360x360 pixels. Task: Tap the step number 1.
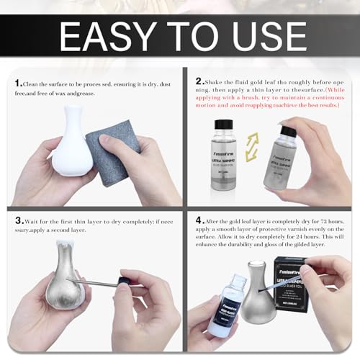(17, 84)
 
